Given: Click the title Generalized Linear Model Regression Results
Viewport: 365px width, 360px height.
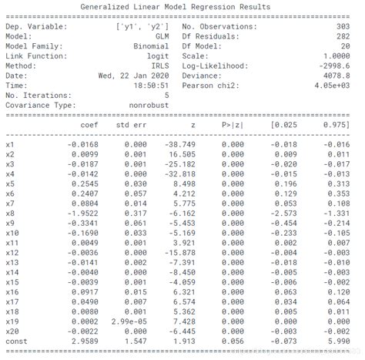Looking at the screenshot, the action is (175, 7).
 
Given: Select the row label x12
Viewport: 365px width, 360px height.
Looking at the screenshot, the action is (12, 251).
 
